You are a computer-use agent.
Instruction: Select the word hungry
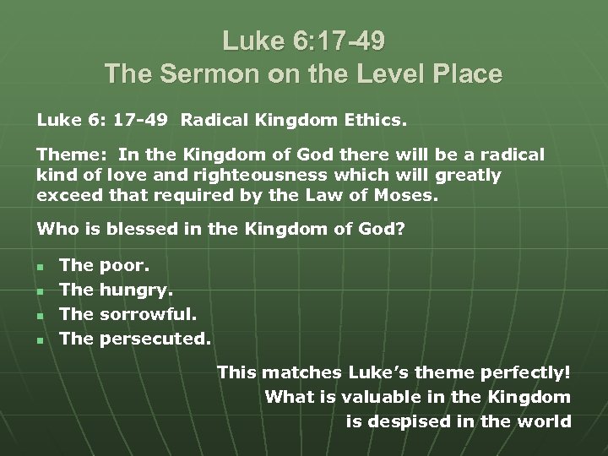point(136,290)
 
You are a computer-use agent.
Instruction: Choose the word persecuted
point(155,339)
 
